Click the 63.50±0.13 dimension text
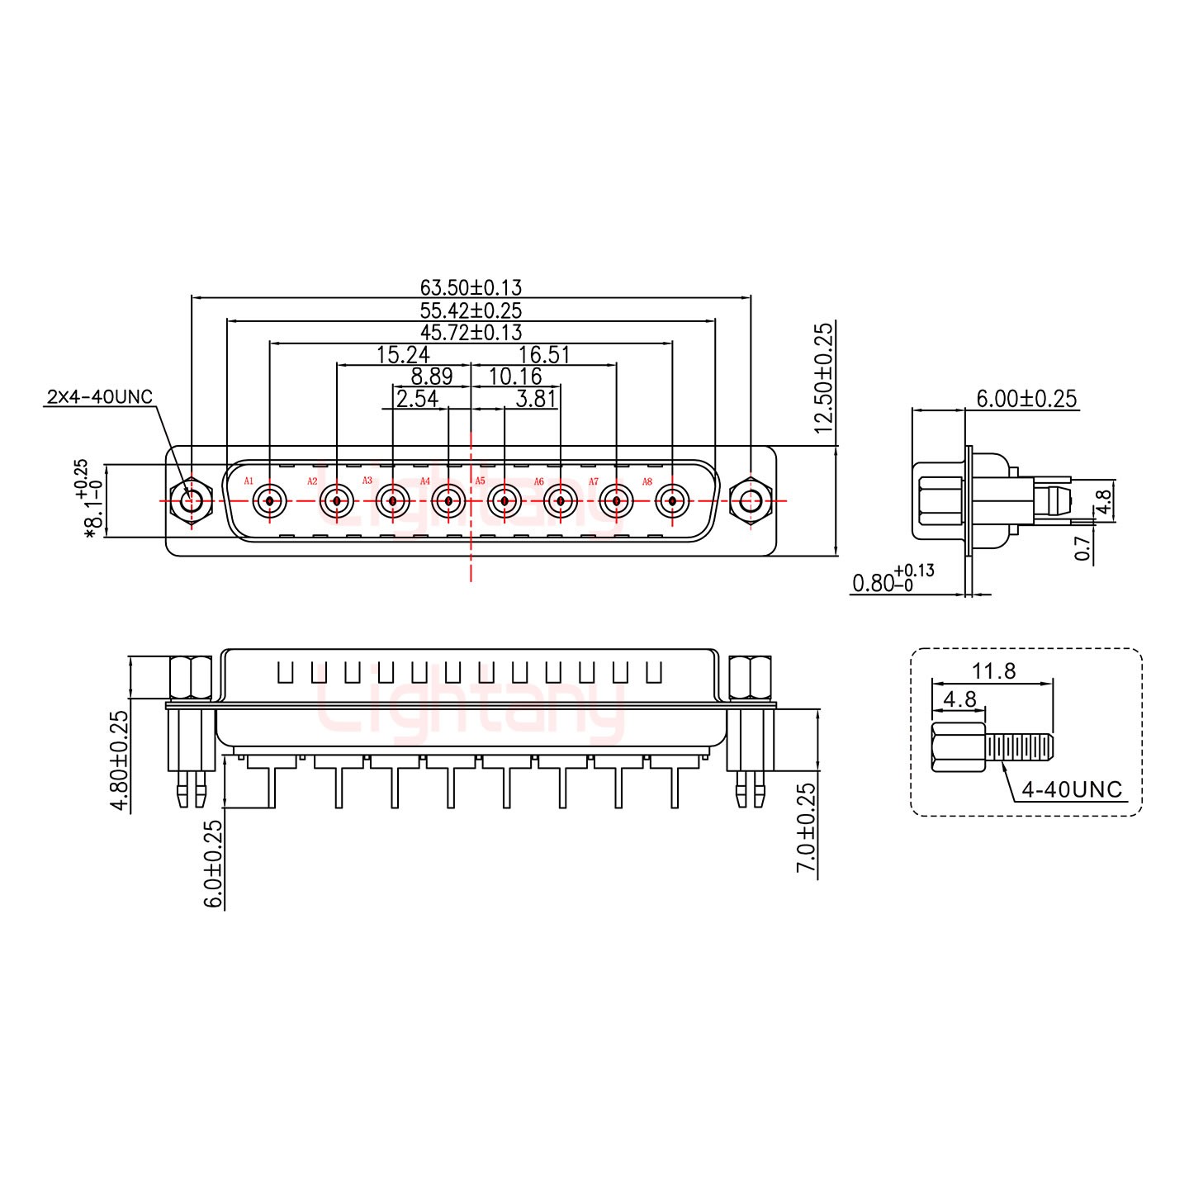pyautogui.click(x=471, y=287)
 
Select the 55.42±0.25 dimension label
pyautogui.click(x=471, y=310)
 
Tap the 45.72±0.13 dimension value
pyautogui.click(x=471, y=333)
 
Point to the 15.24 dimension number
pyautogui.click(x=402, y=355)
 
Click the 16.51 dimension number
pyautogui.click(x=543, y=355)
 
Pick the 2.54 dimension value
pyautogui.click(x=417, y=400)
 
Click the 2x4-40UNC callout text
pyautogui.click(x=99, y=397)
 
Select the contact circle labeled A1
pyautogui.click(x=269, y=500)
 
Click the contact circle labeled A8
pyautogui.click(x=672, y=500)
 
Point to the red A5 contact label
pyautogui.click(x=480, y=481)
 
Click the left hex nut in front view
pyautogui.click(x=191, y=500)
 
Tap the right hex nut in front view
pyautogui.click(x=751, y=500)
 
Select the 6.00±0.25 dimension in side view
pyautogui.click(x=1026, y=399)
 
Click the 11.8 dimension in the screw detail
pyautogui.click(x=994, y=671)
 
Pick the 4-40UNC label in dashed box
pyautogui.click(x=1072, y=790)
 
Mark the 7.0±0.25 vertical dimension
pyautogui.click(x=807, y=828)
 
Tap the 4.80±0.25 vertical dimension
pyautogui.click(x=121, y=760)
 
